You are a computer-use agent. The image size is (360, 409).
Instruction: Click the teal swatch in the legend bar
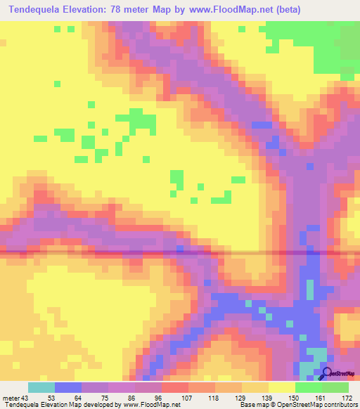pyautogui.click(x=41, y=387)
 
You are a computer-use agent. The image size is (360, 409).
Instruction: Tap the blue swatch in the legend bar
pyautogui.click(x=68, y=387)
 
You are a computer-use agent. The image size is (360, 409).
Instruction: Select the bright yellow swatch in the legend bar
pyautogui.click(x=281, y=387)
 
